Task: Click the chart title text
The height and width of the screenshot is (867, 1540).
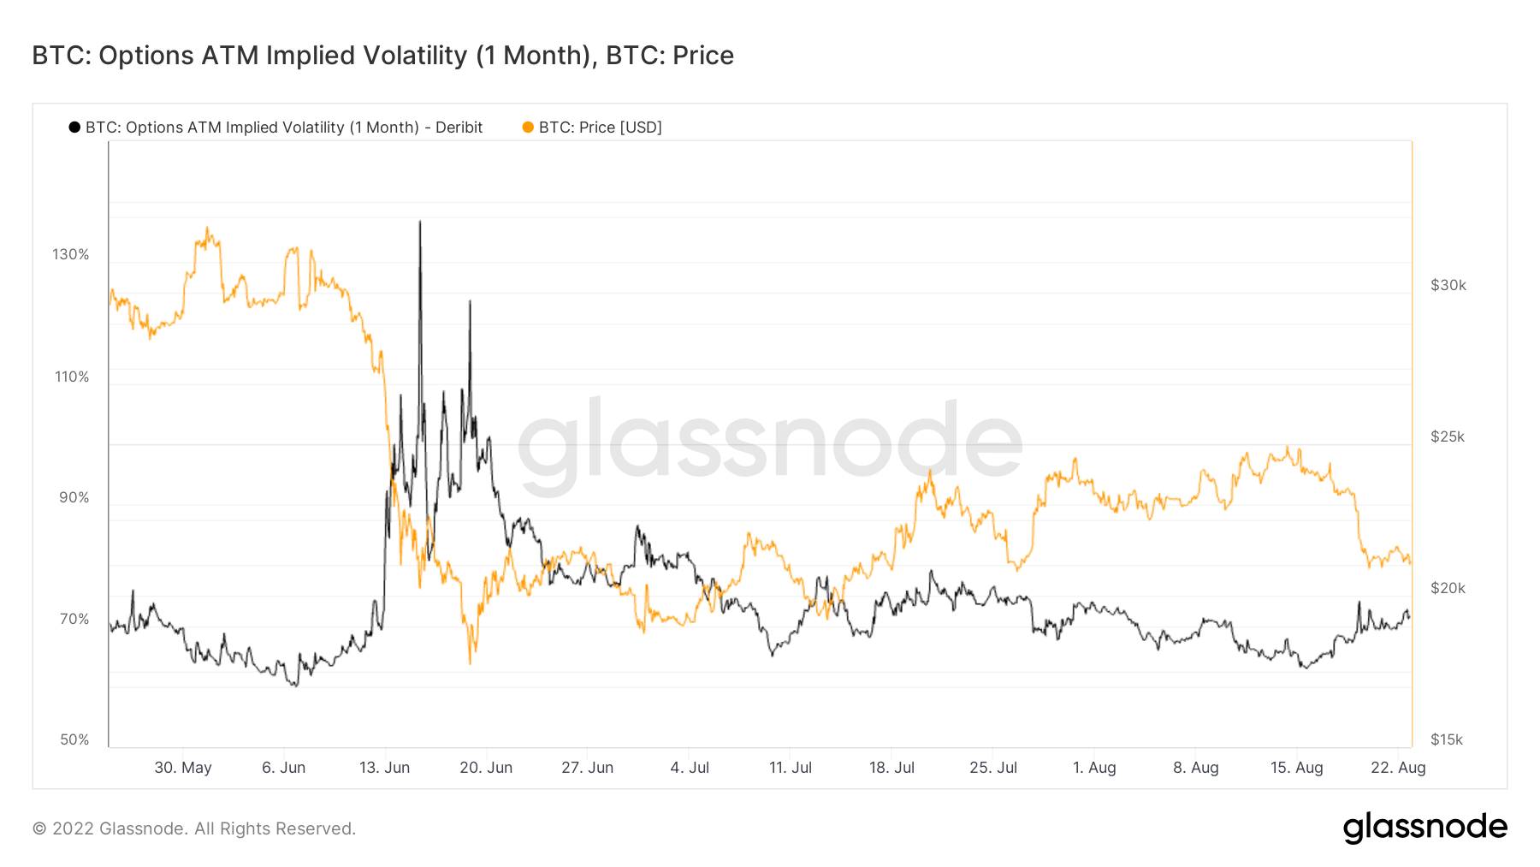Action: click(x=382, y=56)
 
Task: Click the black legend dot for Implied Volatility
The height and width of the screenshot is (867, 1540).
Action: click(x=74, y=128)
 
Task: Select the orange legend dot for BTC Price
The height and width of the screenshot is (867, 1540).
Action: click(x=528, y=128)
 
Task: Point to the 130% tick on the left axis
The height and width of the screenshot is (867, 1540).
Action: click(x=70, y=254)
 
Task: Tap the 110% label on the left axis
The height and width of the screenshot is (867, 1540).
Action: click(x=72, y=377)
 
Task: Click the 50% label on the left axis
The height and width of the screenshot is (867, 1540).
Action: click(x=74, y=739)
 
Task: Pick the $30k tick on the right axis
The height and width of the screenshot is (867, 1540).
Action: click(x=1448, y=285)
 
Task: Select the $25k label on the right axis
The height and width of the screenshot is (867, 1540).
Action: click(x=1447, y=436)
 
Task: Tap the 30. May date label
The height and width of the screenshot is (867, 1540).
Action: click(x=182, y=768)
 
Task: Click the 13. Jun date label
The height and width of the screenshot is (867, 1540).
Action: click(x=384, y=768)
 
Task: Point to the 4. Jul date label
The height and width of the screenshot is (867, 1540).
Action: click(x=690, y=768)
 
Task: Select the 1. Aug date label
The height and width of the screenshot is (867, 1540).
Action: click(x=1094, y=768)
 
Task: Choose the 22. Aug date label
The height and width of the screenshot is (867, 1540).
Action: click(x=1398, y=768)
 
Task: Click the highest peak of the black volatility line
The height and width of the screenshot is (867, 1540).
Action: click(x=420, y=222)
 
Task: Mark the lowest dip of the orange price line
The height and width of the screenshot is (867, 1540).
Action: click(x=470, y=663)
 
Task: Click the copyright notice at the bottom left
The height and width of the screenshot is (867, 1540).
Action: click(x=194, y=828)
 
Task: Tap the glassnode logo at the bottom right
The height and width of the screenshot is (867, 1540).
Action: click(x=1424, y=828)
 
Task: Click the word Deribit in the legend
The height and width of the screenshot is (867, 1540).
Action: click(x=459, y=128)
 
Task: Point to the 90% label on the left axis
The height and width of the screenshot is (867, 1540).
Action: click(x=74, y=497)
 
